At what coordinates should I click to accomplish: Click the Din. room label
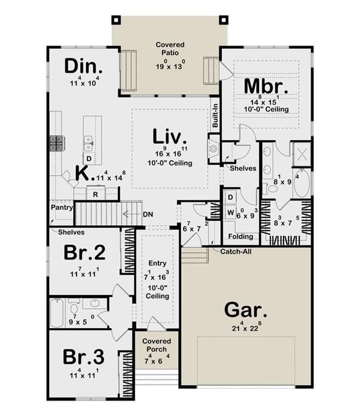coord(83,66)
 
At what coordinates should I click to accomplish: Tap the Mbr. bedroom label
coord(266,86)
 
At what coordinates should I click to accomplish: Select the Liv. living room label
coord(170,136)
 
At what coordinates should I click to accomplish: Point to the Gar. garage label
coord(246,310)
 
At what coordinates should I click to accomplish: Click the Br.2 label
coord(85,252)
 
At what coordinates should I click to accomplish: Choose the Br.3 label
coord(83,357)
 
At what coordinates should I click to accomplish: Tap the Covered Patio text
coord(170,49)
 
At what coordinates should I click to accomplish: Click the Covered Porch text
coord(157,345)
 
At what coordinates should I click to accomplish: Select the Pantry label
coord(62,207)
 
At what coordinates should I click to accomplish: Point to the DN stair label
coord(148,214)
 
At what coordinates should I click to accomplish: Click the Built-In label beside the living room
coord(215,115)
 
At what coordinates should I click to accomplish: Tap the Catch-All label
coord(236,251)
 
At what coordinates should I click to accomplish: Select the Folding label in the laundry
coord(241,236)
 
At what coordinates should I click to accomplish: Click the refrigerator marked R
coord(95,194)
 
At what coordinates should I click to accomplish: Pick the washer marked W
coord(230,212)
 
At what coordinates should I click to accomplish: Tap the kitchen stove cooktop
coord(57,144)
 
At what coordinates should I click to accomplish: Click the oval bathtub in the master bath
coord(302,183)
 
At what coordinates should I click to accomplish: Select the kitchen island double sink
coord(88,144)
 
